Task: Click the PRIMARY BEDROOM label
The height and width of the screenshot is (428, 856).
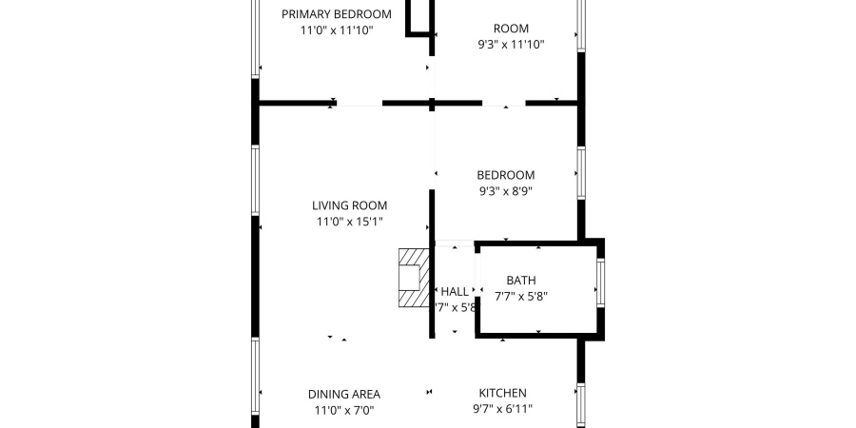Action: point(337,13)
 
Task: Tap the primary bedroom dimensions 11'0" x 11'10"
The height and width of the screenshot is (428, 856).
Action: point(337,30)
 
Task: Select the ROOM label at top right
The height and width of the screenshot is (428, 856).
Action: point(511,29)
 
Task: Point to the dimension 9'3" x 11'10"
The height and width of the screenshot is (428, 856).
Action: point(511,44)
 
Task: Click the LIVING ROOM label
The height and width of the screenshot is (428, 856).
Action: point(349,205)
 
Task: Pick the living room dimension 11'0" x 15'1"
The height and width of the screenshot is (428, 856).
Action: point(349,223)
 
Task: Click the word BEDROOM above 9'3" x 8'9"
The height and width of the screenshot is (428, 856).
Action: point(505,175)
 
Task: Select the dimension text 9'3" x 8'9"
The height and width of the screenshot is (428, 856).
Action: point(505,191)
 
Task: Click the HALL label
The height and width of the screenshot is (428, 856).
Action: point(455,291)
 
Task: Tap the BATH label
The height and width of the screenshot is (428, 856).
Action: point(520,281)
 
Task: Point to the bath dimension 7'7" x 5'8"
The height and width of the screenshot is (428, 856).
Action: point(520,296)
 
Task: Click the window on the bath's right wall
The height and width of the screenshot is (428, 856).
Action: point(600,282)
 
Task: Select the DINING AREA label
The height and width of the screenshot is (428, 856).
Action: point(343,394)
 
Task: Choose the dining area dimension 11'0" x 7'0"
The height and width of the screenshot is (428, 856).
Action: point(343,410)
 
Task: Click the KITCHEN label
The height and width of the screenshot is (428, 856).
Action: point(502,393)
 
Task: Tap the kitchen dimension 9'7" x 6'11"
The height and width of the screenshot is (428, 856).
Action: point(502,409)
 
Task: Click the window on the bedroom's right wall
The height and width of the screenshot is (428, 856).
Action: point(580,173)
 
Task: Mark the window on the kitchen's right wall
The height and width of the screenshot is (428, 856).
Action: point(580,404)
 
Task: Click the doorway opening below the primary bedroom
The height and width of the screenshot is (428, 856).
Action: point(358,103)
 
